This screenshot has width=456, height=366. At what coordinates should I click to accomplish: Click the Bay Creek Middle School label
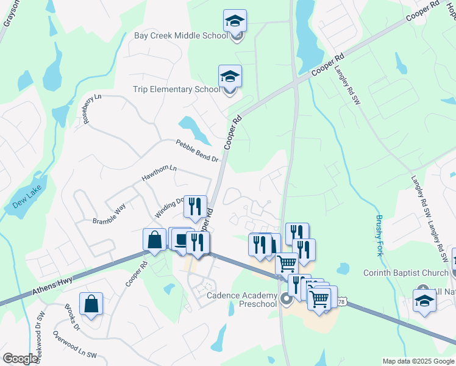(180, 35)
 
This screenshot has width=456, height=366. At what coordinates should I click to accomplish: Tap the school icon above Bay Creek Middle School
(235, 21)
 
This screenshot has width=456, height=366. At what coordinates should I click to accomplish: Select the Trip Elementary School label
(176, 90)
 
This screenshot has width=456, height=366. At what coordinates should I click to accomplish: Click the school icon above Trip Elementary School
(230, 77)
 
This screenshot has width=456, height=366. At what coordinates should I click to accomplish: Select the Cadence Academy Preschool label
(242, 300)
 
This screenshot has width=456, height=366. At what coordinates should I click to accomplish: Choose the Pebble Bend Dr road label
(197, 151)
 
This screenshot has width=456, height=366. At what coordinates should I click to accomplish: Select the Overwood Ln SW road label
(74, 345)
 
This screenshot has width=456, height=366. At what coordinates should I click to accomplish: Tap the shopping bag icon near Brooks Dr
(91, 303)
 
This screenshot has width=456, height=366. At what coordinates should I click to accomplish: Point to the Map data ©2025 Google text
(418, 361)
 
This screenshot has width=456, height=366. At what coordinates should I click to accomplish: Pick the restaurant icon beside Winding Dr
(195, 206)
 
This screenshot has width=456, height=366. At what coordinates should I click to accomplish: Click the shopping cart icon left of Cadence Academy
(287, 264)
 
